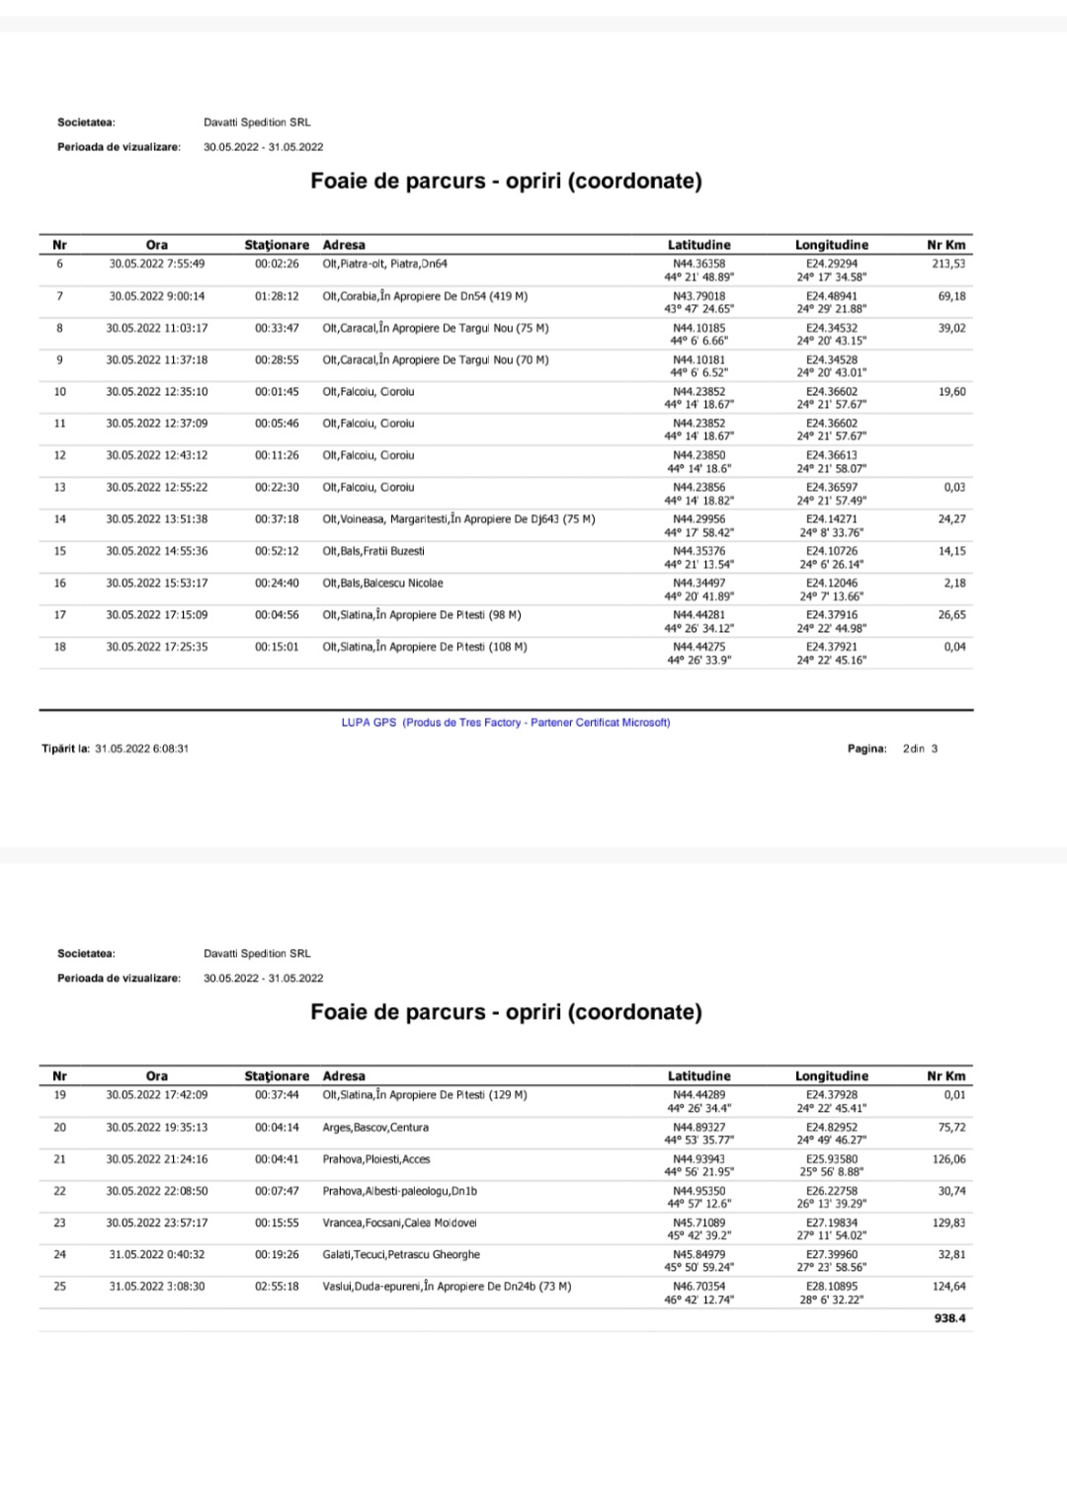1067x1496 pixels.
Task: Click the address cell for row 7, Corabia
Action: coord(425,296)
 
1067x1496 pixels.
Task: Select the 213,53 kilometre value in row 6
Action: coord(947,264)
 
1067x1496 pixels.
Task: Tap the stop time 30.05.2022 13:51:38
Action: coord(157,519)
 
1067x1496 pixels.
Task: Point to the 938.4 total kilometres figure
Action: coord(949,1318)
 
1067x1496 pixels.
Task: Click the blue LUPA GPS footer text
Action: coord(505,723)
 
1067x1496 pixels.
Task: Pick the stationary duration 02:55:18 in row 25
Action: coord(277,1287)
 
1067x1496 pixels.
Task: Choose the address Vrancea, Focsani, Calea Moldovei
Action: coord(399,1222)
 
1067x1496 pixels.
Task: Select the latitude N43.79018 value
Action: coord(698,296)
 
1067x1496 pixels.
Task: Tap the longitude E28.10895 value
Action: coord(831,1287)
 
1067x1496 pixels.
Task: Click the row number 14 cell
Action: coord(60,519)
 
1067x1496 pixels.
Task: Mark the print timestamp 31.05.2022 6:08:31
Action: coord(141,748)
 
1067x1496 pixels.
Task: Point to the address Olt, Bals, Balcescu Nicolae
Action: coord(382,584)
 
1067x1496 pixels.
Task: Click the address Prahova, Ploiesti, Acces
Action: coord(376,1159)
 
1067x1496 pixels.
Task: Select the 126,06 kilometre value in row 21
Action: coord(948,1159)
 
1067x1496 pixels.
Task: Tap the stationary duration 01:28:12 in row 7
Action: coord(277,296)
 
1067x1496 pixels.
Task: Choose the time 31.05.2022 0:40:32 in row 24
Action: coord(157,1255)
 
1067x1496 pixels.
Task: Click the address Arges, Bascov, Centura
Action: coord(375,1128)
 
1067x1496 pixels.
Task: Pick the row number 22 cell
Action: coord(60,1191)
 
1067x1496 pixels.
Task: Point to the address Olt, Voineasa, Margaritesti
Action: coord(458,519)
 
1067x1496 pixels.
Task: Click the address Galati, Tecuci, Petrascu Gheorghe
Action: coord(401,1255)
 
